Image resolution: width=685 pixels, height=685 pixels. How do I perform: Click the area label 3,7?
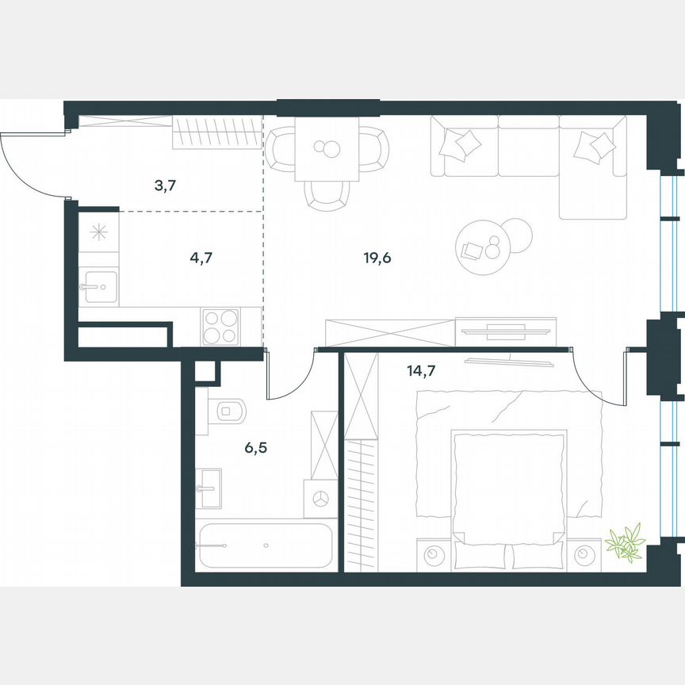[165, 186]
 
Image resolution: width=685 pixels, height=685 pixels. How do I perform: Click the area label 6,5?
[255, 447]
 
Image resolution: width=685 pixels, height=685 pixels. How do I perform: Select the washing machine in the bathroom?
[321, 499]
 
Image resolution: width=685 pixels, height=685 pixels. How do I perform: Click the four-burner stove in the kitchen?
[220, 326]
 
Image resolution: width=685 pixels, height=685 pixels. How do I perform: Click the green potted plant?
[626, 543]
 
